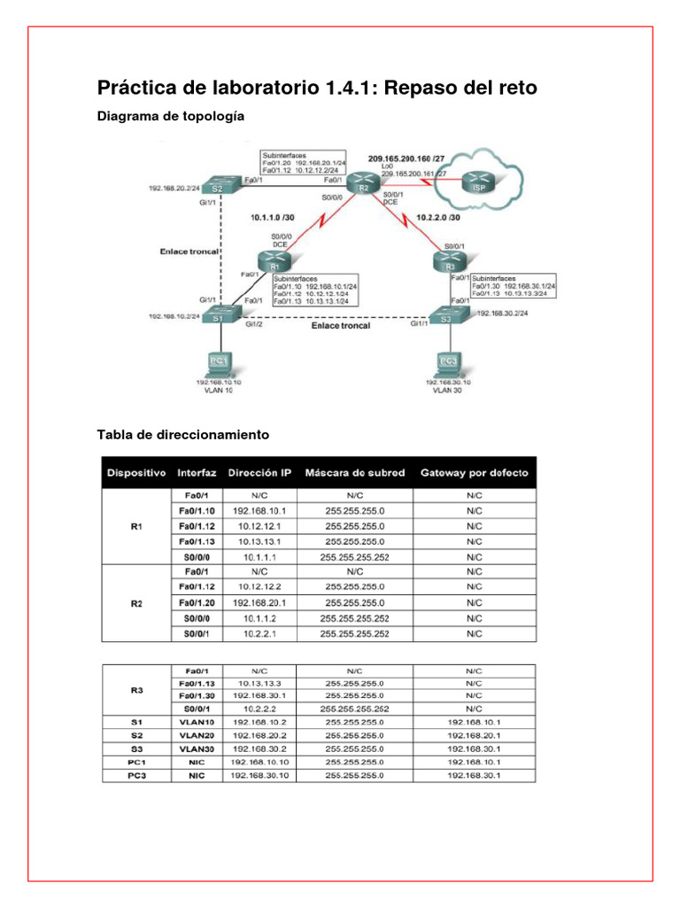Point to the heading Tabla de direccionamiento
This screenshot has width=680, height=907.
(x=182, y=435)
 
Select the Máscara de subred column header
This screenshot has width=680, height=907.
(x=355, y=472)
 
